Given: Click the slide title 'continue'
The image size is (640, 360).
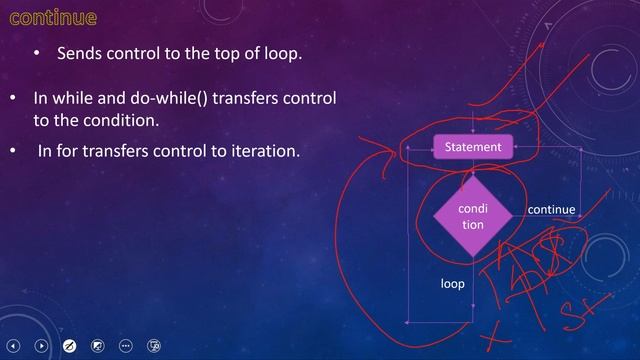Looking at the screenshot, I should pos(53,18).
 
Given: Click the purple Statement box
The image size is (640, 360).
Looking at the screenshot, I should pos(473,148).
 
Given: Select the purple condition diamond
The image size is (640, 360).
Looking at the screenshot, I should pos(472,217).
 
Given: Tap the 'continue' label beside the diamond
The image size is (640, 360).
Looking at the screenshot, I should pos(551,210).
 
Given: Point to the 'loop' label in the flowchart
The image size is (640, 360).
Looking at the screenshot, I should pos(453,284).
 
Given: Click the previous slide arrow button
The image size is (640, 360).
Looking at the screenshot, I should pos(14,345).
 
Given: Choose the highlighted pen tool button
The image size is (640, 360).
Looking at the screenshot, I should pos(70,345).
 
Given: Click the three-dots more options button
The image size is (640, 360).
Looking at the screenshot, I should pos(126,345).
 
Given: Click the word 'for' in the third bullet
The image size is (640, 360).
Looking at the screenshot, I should pos(67,152).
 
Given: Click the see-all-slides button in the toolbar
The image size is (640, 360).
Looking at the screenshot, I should pos(98,345).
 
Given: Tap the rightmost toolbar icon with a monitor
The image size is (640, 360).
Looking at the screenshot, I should pos(154,345).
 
